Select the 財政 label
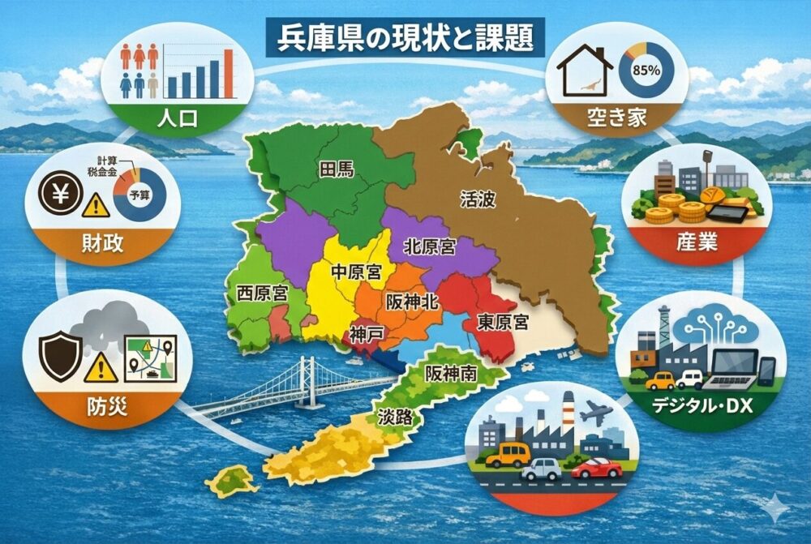point(102,243)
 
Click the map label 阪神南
point(445,375)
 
